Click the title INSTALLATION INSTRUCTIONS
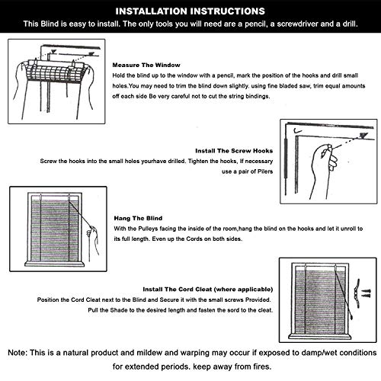point(190,11)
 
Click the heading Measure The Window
point(146,66)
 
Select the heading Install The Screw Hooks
point(234,151)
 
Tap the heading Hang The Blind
point(138,218)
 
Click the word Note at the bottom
point(17,353)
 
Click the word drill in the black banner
point(350,24)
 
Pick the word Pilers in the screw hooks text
point(265,171)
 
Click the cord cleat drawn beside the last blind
point(357,293)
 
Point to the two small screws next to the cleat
point(367,293)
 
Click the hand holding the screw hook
point(325,168)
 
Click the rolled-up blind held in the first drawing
point(55,70)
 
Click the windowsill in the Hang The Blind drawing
point(54,264)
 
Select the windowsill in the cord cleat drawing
point(320,337)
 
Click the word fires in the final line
point(262,367)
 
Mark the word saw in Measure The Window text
point(306,86)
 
